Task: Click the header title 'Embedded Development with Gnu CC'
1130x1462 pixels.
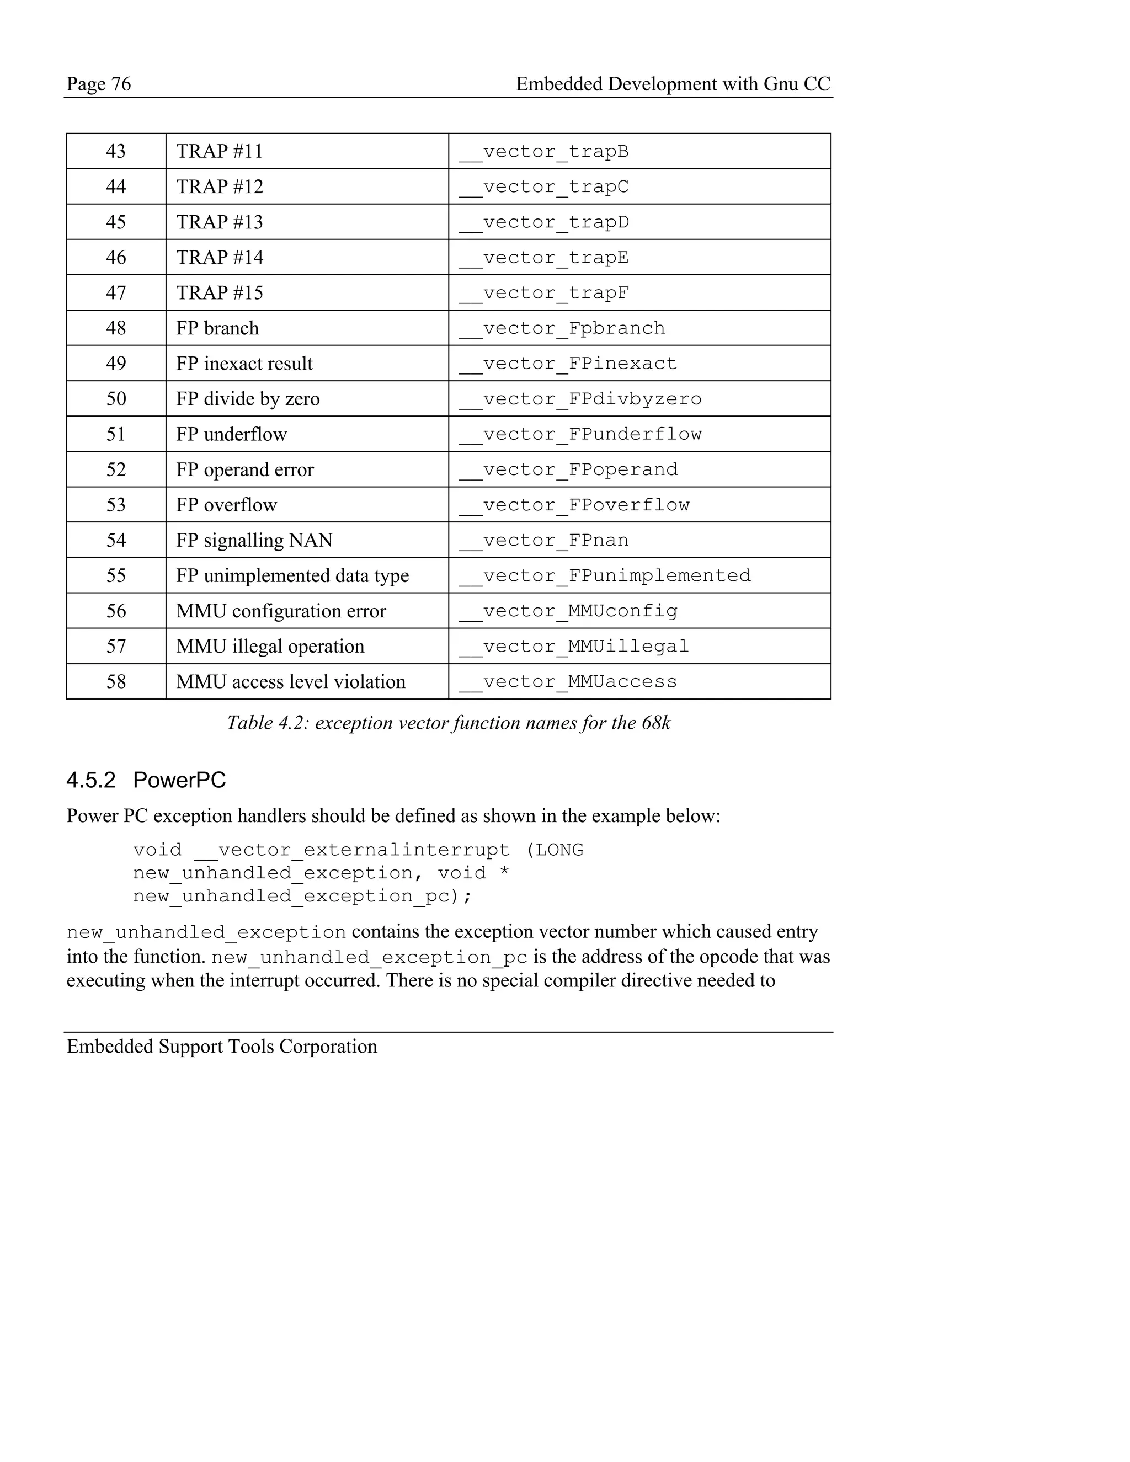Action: coord(673,84)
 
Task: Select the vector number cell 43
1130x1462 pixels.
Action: coord(116,151)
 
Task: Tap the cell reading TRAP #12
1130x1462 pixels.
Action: coord(220,187)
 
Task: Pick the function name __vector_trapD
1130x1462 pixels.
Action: coord(543,222)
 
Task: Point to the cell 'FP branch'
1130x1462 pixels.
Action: coord(217,328)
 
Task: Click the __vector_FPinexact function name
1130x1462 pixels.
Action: coord(568,364)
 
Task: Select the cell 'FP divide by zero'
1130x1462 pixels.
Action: coord(248,399)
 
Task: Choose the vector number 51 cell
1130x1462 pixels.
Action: coord(116,434)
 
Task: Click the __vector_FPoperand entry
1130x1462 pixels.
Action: coord(568,470)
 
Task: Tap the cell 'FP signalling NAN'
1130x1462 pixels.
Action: coord(254,540)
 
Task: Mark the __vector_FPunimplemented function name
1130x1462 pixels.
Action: coord(605,575)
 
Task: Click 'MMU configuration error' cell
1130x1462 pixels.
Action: coord(281,611)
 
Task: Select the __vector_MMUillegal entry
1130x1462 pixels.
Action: coord(574,647)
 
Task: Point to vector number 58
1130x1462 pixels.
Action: coord(116,682)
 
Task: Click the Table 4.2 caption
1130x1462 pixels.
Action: coord(449,723)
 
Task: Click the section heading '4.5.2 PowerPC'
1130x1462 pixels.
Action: coord(146,780)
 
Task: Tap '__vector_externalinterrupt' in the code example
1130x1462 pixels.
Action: coord(351,850)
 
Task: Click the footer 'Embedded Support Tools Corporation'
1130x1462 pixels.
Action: coord(222,1046)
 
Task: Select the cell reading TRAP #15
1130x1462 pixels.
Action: coord(220,292)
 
